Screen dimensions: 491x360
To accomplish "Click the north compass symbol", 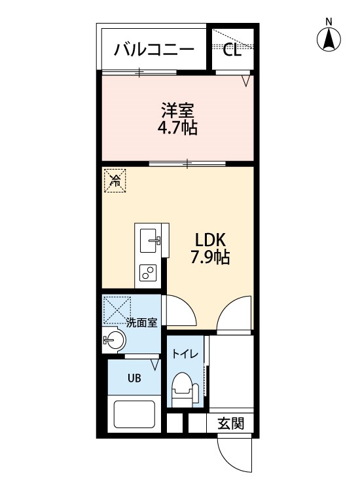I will point(330,38).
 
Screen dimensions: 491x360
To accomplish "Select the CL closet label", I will point(232,50).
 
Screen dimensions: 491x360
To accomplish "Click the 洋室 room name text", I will point(177,109).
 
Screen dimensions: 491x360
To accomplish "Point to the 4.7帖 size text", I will point(177,127).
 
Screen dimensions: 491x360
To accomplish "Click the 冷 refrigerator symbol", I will point(115,180).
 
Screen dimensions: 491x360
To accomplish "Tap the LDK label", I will point(209,239).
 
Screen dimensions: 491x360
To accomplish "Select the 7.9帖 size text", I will point(209,257).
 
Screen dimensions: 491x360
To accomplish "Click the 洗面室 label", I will point(142,322).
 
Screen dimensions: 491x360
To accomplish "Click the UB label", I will point(134,378).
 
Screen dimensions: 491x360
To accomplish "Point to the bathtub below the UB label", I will point(134,414).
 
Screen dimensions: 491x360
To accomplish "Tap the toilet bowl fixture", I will point(183,390).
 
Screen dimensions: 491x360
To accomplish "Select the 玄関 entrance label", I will point(230,424).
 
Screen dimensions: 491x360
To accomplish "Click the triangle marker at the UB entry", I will point(155,364).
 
